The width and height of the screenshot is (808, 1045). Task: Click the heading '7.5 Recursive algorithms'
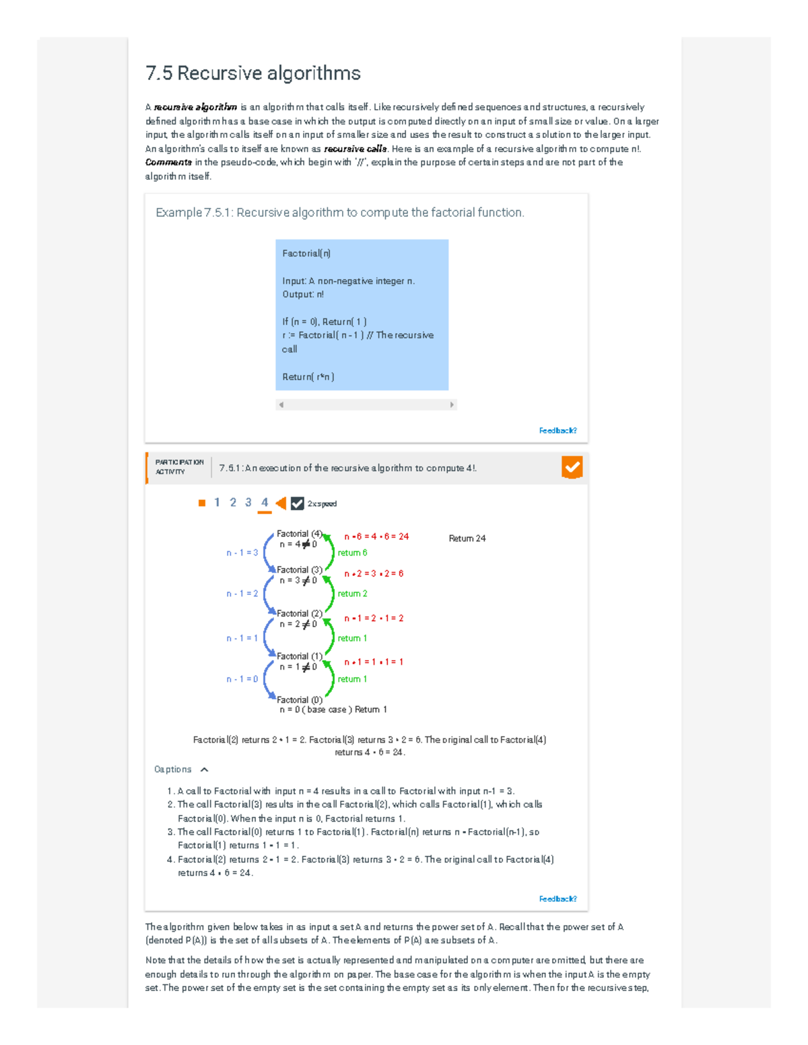[253, 73]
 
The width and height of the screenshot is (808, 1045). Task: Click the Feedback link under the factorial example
[558, 431]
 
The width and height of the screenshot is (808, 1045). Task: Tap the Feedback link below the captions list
[558, 899]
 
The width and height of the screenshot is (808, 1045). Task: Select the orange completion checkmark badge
[572, 468]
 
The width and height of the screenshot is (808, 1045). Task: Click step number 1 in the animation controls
[217, 503]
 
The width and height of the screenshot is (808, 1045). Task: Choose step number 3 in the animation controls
[248, 503]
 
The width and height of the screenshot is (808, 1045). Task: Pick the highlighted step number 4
[265, 503]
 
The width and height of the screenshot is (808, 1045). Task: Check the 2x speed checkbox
[297, 503]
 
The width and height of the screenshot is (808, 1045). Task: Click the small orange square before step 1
[202, 503]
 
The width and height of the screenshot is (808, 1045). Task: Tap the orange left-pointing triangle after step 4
[281, 503]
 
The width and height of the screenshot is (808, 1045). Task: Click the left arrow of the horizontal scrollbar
[281, 405]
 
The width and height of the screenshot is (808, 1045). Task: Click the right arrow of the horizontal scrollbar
[452, 405]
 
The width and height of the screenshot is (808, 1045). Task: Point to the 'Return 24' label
[467, 538]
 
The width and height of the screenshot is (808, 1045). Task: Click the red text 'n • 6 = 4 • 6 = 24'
[376, 537]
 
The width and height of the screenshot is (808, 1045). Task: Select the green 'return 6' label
[352, 553]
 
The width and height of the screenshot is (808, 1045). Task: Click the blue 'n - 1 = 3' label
[242, 553]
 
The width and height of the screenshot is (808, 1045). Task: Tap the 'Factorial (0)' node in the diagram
[300, 700]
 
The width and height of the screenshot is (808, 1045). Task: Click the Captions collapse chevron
[205, 770]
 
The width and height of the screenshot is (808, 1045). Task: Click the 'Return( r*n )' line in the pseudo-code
[308, 377]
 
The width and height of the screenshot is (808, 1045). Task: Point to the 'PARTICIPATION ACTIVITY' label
[179, 467]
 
